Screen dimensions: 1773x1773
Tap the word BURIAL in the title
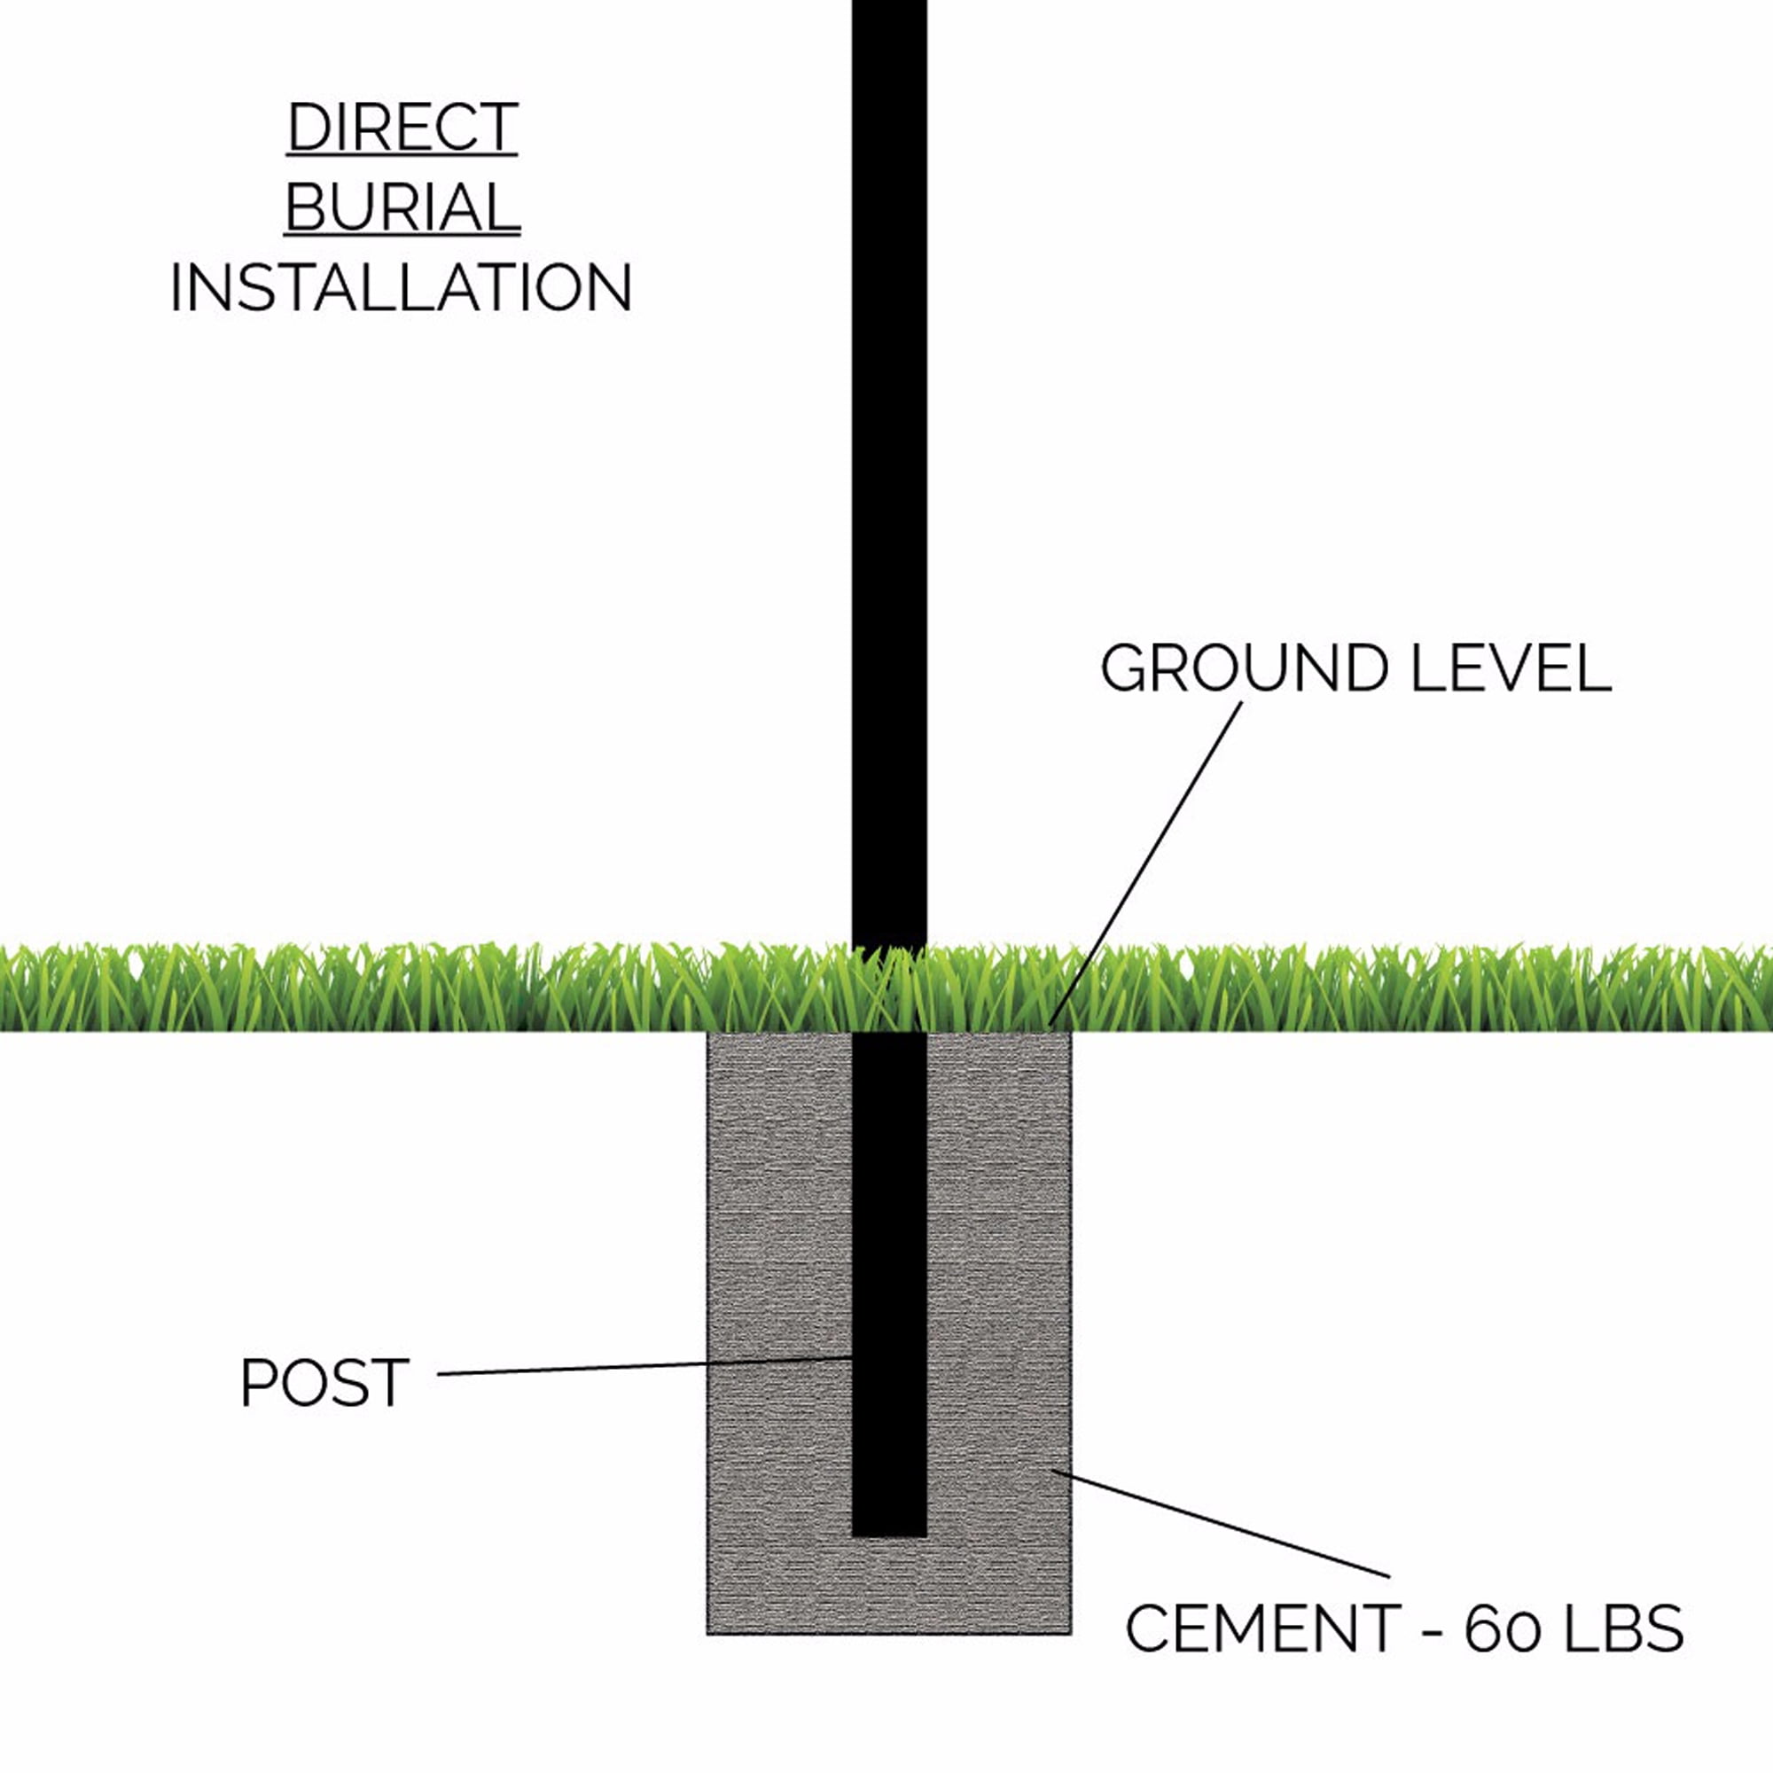tap(402, 207)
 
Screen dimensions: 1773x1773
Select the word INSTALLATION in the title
tap(401, 288)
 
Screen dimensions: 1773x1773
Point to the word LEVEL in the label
tap(1511, 668)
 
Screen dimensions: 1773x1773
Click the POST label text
tap(324, 1383)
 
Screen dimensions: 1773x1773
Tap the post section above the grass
tap(889, 473)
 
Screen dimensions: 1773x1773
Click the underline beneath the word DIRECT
tap(402, 156)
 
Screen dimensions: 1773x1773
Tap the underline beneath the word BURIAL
tap(402, 237)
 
